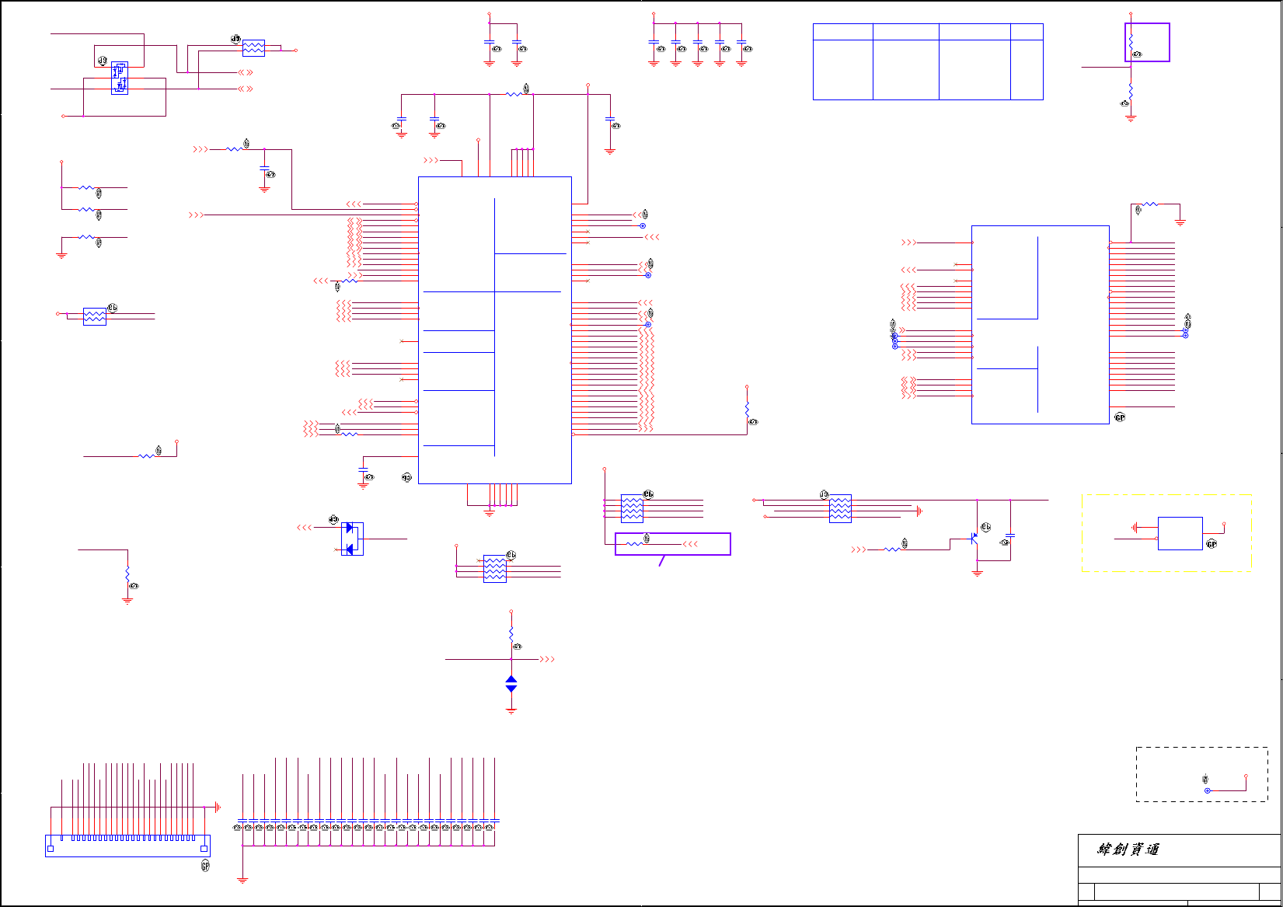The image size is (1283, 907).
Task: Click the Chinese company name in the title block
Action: pyautogui.click(x=1128, y=849)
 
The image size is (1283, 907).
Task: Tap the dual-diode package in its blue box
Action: pyautogui.click(x=352, y=539)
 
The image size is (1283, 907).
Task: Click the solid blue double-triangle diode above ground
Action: pyautogui.click(x=511, y=684)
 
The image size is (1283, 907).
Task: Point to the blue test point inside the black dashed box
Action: pyautogui.click(x=1207, y=790)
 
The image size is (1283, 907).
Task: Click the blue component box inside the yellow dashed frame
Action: pyautogui.click(x=1180, y=533)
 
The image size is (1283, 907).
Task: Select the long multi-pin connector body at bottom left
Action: pyautogui.click(x=127, y=846)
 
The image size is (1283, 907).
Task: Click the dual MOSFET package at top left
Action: pyautogui.click(x=120, y=78)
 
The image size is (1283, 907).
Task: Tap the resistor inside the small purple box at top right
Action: pyautogui.click(x=1131, y=40)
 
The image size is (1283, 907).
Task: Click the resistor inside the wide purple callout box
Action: pyautogui.click(x=634, y=543)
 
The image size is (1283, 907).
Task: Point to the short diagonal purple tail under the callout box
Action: pyautogui.click(x=661, y=560)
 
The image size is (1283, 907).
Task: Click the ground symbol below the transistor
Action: pyautogui.click(x=978, y=573)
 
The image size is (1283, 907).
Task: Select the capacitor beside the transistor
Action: pyautogui.click(x=1010, y=535)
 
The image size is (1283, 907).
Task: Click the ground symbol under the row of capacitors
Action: pyautogui.click(x=242, y=880)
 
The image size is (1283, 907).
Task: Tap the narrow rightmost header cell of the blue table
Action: pyautogui.click(x=1027, y=32)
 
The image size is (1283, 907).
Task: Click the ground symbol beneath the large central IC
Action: pyautogui.click(x=489, y=513)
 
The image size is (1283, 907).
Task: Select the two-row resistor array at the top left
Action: pyautogui.click(x=253, y=48)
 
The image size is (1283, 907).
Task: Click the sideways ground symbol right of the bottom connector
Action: pyautogui.click(x=218, y=808)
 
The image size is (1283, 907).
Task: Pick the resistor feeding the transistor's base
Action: pyautogui.click(x=893, y=549)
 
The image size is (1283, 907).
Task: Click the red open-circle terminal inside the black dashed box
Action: pyautogui.click(x=1246, y=776)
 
